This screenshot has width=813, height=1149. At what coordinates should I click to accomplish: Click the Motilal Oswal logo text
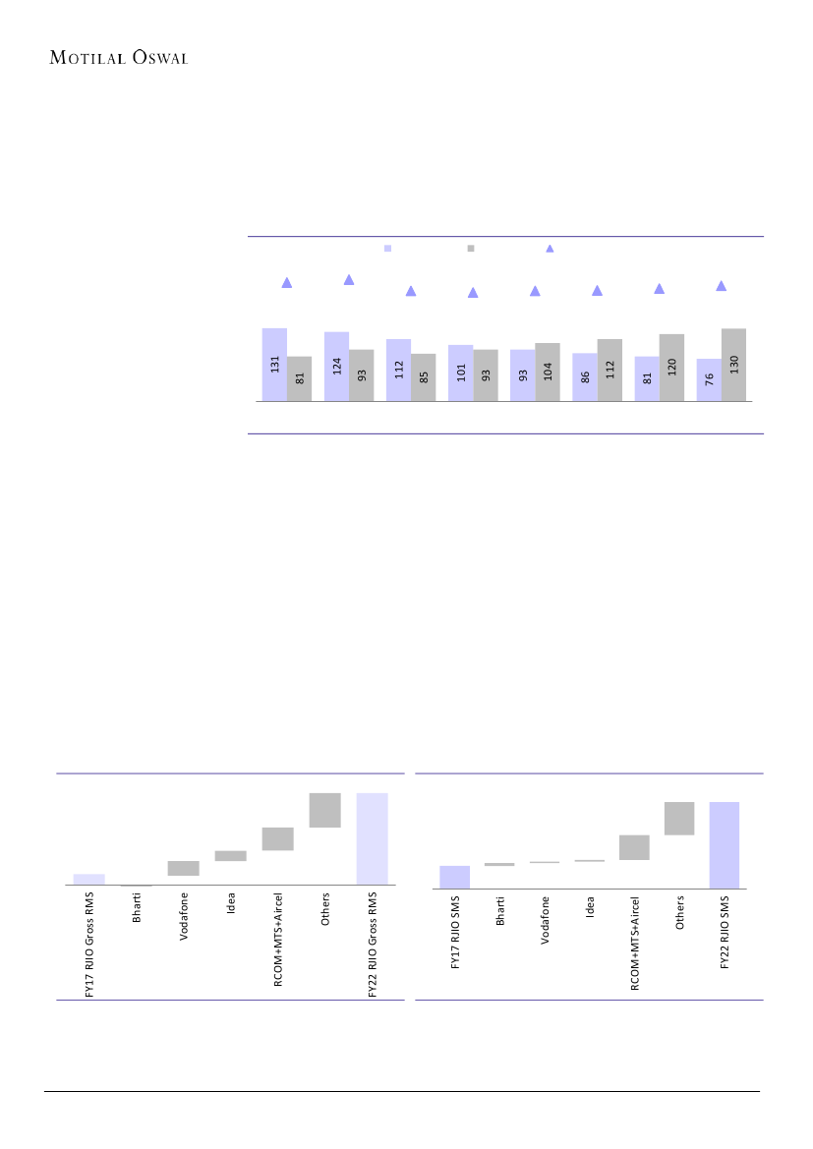(119, 57)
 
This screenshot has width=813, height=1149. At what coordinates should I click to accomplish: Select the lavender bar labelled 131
(274, 365)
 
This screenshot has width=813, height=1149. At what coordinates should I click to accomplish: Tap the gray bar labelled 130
(733, 365)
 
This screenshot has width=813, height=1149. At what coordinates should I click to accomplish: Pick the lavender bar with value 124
(336, 367)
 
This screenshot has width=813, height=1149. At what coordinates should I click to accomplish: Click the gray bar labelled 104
(548, 373)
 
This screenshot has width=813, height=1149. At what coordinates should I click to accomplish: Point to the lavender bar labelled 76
(709, 380)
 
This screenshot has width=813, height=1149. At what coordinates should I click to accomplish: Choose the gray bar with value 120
(671, 368)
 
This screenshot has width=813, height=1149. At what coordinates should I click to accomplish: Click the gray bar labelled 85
(423, 377)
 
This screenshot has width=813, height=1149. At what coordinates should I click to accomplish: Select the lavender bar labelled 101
(460, 373)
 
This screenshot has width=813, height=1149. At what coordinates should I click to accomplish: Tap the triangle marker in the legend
(550, 249)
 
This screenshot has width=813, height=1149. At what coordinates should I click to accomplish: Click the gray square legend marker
(471, 249)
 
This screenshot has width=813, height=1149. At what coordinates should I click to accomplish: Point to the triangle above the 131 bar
(287, 283)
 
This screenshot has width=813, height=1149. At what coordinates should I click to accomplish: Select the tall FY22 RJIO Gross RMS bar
(372, 838)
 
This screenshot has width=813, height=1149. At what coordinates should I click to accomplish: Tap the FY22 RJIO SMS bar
(725, 845)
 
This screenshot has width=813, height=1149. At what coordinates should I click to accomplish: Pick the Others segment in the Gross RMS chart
(324, 810)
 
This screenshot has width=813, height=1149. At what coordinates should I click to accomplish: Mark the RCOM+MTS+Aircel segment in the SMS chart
(634, 847)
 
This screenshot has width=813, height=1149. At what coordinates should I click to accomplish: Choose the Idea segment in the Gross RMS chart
(230, 856)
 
